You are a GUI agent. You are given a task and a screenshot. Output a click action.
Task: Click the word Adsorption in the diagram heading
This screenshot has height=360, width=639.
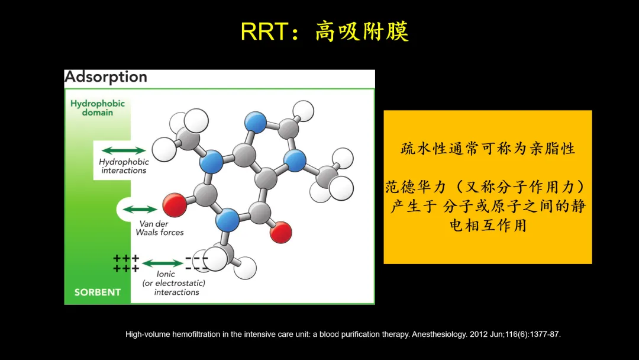point(106,76)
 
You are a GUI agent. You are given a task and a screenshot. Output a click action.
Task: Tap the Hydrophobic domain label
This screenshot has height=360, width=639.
point(98,108)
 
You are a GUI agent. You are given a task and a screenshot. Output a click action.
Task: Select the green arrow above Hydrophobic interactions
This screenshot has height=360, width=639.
point(124,150)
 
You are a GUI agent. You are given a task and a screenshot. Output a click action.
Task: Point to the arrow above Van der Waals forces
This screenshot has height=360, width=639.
point(140,210)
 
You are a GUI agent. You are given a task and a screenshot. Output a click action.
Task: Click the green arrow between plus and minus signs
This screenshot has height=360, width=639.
point(162,263)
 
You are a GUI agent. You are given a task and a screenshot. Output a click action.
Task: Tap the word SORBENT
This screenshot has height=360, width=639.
point(98,292)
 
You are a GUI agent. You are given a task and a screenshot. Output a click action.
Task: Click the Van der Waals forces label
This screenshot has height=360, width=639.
point(159,229)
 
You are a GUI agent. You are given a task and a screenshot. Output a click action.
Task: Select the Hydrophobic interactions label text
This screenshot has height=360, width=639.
point(124,166)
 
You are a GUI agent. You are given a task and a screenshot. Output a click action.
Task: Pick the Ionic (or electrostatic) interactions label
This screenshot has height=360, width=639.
point(173,283)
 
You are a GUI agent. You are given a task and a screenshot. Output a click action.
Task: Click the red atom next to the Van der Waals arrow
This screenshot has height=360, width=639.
point(175,205)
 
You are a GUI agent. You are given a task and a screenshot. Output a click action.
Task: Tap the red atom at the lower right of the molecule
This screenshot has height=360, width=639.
point(281,232)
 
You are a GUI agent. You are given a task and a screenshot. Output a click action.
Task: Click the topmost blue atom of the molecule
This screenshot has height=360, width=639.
point(256,122)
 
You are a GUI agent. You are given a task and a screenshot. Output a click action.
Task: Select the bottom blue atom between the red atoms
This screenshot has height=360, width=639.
point(227,220)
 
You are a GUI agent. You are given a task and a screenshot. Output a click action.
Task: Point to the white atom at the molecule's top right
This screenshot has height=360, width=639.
point(303,111)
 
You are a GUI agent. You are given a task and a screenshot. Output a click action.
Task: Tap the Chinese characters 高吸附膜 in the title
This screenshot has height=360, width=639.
point(362,31)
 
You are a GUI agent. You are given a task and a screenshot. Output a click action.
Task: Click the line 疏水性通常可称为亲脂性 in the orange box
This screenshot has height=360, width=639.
point(488,149)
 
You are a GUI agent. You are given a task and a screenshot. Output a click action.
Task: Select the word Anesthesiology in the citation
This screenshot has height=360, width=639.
point(439,335)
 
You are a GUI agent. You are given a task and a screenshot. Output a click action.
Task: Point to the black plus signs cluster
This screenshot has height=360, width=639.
point(127,263)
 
